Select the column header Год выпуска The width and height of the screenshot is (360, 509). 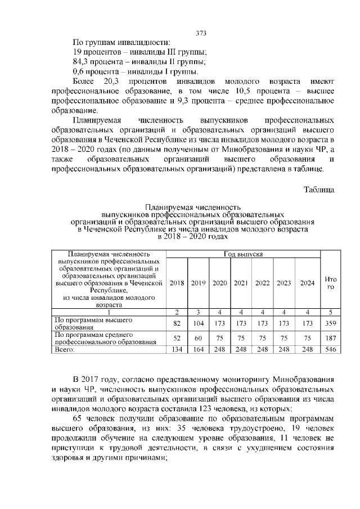pyautogui.click(x=244, y=254)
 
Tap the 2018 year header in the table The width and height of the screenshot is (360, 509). pyautogui.click(x=177, y=282)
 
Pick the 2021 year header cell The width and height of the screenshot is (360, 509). pyautogui.click(x=241, y=282)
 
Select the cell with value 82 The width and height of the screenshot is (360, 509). pyautogui.click(x=177, y=324)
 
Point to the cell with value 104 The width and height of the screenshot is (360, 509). pyautogui.click(x=198, y=324)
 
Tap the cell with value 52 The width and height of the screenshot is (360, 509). pyautogui.click(x=177, y=338)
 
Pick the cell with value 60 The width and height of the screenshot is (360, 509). pyautogui.click(x=198, y=338)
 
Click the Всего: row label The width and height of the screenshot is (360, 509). pyautogui.click(x=64, y=349)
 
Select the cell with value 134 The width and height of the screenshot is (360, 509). pyautogui.click(x=177, y=349)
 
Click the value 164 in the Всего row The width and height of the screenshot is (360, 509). pyautogui.click(x=198, y=349)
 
